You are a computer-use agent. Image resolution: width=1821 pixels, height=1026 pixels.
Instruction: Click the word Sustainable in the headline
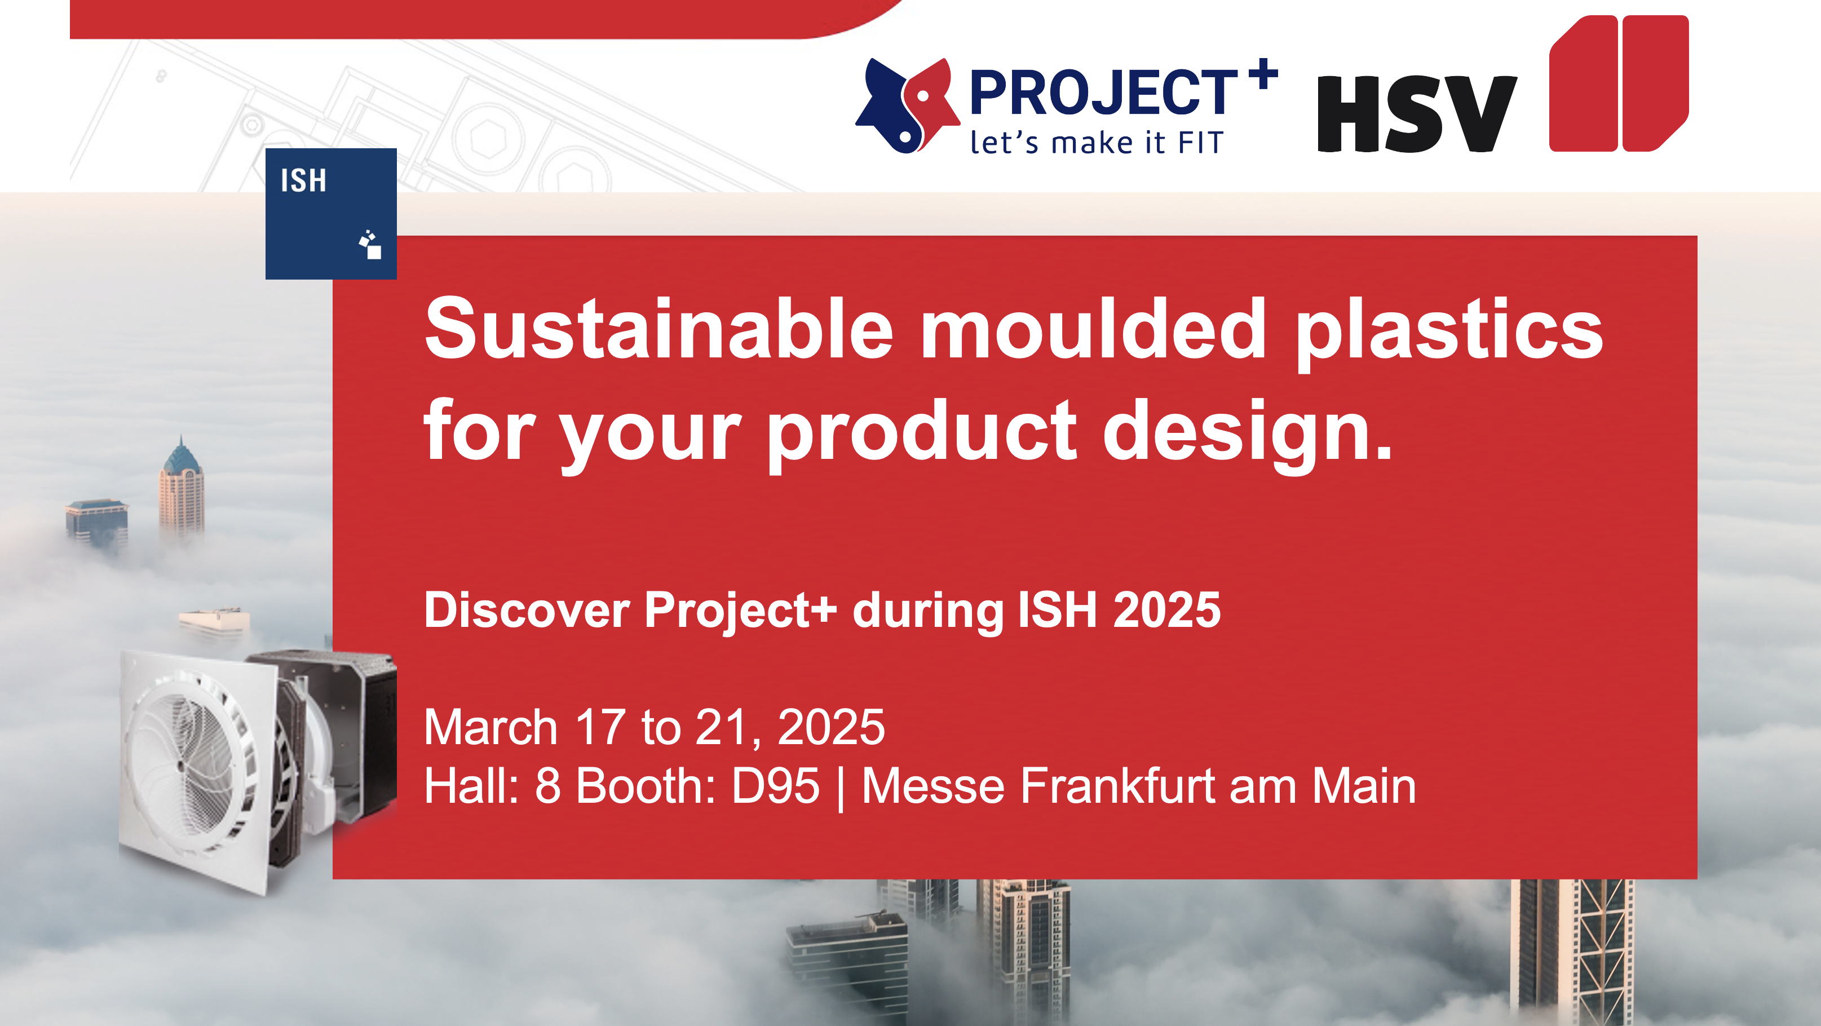pos(659,328)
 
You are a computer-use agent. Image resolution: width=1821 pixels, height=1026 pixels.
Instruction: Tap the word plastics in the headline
pos(1449,333)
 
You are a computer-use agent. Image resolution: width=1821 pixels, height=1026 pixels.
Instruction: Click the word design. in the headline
pos(1248,433)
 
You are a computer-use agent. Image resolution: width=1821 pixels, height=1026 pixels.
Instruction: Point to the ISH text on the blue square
pos(303,180)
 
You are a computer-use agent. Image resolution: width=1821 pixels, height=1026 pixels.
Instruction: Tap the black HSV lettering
pos(1417,114)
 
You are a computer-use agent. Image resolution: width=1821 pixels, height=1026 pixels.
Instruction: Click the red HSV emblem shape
pos(1619,83)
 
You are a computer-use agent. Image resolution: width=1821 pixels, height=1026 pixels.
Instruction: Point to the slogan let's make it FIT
pos(1097,143)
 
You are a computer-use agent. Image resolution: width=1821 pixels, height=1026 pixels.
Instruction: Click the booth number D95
pos(776,786)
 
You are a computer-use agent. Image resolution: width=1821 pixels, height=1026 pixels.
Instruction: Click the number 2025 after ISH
pos(1167,609)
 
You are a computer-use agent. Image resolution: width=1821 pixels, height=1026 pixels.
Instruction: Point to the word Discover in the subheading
pos(527,609)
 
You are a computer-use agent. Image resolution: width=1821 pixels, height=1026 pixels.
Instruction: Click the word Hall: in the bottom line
pos(471,786)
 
